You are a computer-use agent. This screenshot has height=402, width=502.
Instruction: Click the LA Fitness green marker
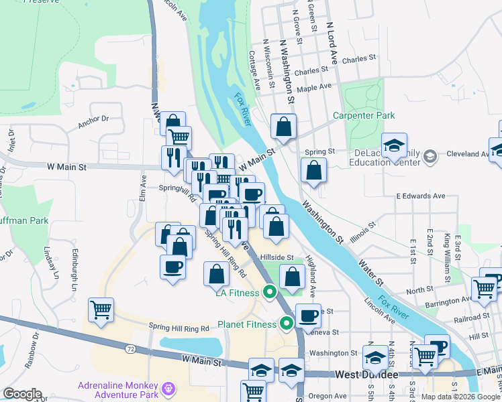click(x=270, y=291)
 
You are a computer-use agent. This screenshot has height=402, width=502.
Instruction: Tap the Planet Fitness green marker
click(x=287, y=324)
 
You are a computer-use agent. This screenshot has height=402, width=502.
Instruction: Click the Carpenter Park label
click(x=364, y=115)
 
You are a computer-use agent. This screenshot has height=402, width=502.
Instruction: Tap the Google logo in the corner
click(x=22, y=394)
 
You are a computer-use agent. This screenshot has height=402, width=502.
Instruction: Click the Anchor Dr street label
click(x=93, y=120)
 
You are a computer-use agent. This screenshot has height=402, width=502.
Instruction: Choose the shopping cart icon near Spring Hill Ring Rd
click(x=101, y=311)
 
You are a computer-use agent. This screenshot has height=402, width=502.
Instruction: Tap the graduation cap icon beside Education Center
click(x=394, y=145)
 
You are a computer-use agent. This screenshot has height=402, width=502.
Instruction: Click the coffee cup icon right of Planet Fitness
click(x=308, y=315)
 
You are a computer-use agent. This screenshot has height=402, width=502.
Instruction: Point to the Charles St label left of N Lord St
click(x=310, y=70)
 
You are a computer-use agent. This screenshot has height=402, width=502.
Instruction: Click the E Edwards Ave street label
click(x=421, y=196)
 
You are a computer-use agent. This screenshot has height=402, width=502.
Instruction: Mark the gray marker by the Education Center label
click(x=430, y=156)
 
